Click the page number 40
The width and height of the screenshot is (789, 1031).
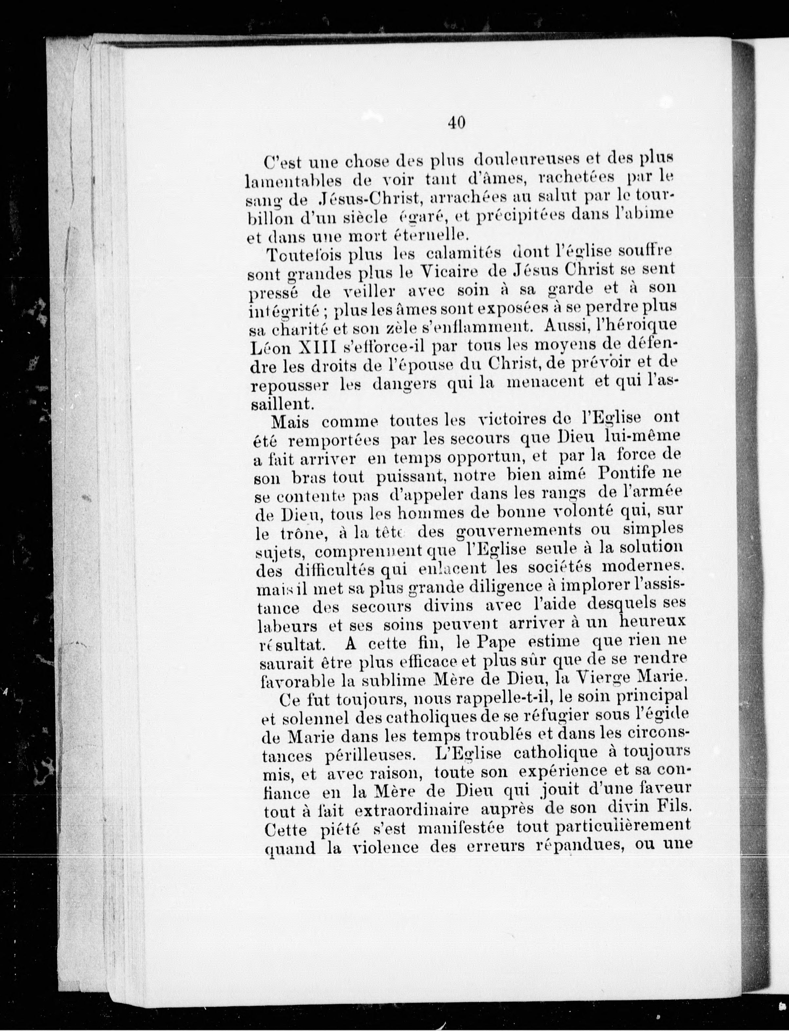point(456,123)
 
